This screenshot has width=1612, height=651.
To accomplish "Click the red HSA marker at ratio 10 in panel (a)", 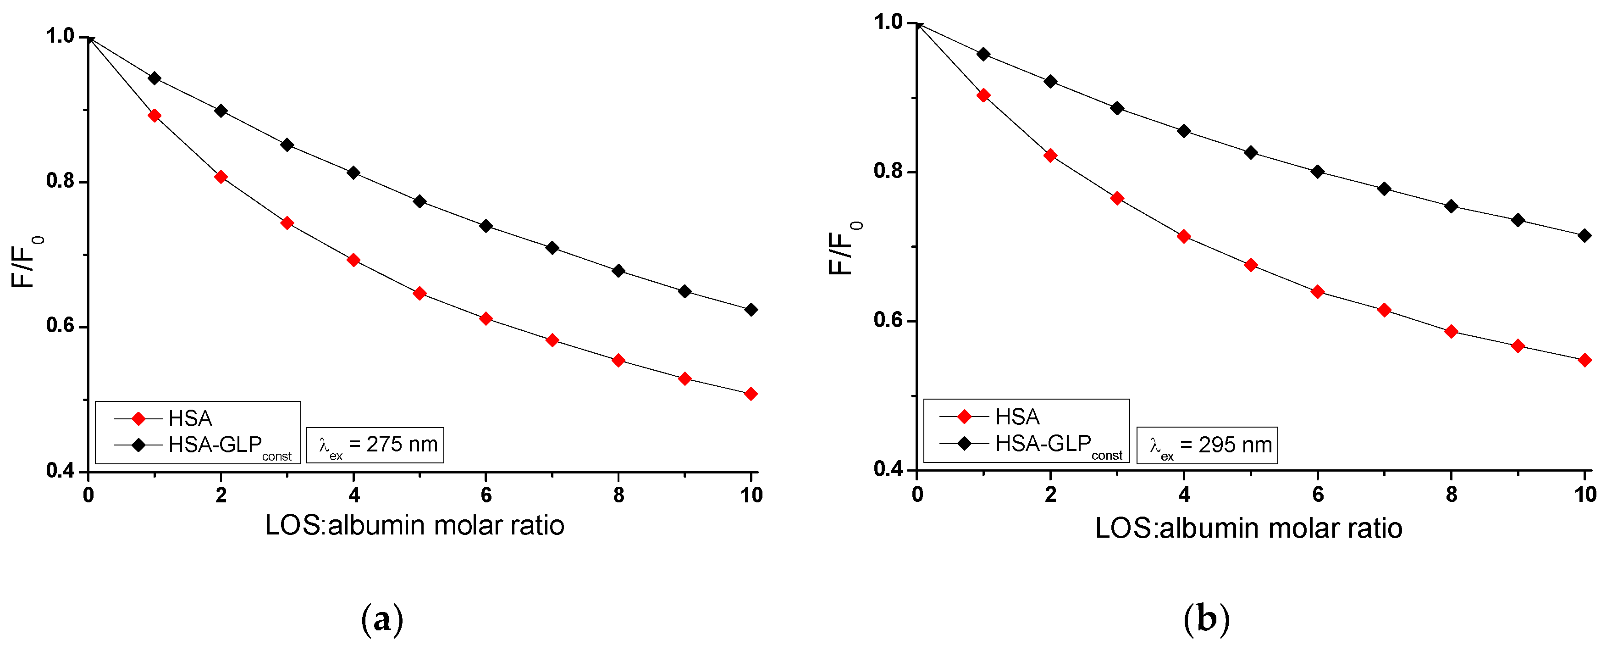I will pyautogui.click(x=751, y=394).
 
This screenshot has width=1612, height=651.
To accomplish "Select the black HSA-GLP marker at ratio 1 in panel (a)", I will pyautogui.click(x=155, y=78).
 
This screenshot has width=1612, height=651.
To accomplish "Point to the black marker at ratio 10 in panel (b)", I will pyautogui.click(x=1584, y=236).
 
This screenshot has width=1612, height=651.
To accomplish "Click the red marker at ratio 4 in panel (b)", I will pyautogui.click(x=1184, y=237).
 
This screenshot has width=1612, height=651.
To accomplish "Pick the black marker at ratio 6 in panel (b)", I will pyautogui.click(x=1318, y=172).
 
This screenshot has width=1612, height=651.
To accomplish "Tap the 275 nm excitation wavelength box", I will pyautogui.click(x=375, y=445).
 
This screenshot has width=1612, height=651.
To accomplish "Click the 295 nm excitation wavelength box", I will pyautogui.click(x=1207, y=445).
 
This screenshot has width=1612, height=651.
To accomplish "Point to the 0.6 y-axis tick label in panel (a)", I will pyautogui.click(x=60, y=326).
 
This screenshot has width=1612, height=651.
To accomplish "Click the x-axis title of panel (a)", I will pyautogui.click(x=414, y=525).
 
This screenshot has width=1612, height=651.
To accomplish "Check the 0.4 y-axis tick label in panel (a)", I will pyautogui.click(x=60, y=471).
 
